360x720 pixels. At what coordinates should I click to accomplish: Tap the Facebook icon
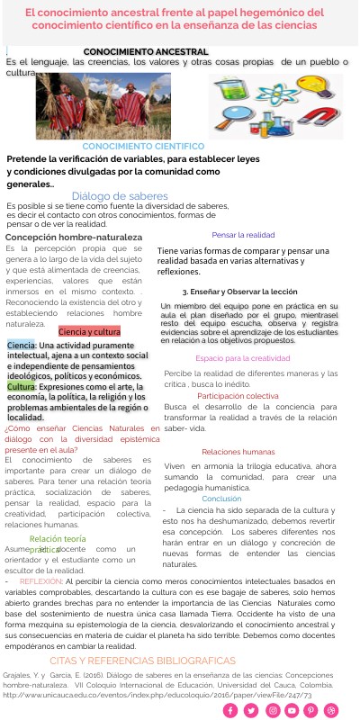click(x=229, y=710)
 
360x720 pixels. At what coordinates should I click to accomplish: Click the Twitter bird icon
click(x=250, y=710)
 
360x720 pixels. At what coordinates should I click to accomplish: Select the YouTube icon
click(x=292, y=710)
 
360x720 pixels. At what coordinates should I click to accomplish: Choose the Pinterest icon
click(x=312, y=710)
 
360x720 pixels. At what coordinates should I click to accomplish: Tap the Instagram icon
click(x=271, y=710)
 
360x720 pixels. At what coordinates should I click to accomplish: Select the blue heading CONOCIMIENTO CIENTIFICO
click(x=143, y=146)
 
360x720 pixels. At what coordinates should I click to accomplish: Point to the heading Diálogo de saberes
click(x=120, y=195)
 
